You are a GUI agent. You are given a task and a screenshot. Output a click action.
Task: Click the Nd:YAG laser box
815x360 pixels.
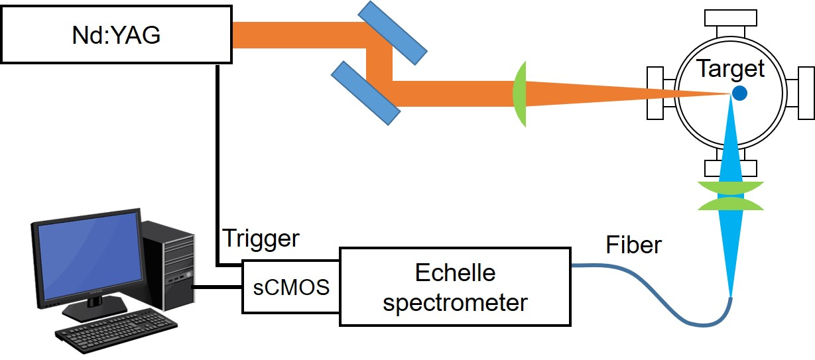117,34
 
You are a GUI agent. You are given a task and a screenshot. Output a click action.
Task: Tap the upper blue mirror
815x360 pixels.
392,32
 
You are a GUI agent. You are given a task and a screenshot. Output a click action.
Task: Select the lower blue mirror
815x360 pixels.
365,93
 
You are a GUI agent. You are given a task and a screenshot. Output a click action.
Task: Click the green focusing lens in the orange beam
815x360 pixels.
519,94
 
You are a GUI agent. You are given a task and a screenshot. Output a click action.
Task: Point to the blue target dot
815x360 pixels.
739,93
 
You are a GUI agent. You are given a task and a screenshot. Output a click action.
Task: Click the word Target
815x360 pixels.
730,68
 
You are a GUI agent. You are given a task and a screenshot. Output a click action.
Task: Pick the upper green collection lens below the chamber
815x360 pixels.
731,188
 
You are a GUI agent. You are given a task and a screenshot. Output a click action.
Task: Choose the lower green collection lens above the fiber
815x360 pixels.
731,204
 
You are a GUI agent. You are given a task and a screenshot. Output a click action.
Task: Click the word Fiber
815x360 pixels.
633,245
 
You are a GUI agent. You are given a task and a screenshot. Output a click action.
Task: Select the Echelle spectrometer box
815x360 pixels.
455,287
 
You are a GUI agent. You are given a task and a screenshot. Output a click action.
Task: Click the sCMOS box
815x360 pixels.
291,286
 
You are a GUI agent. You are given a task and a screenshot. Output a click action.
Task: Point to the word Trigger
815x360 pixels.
261,239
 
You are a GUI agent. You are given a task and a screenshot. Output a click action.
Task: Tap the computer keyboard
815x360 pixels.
117,330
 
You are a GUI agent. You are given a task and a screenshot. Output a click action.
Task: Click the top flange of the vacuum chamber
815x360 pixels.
731,23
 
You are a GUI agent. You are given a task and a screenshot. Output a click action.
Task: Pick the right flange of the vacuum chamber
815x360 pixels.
801,93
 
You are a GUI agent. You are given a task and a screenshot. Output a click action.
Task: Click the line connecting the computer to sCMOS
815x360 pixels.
218,287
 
